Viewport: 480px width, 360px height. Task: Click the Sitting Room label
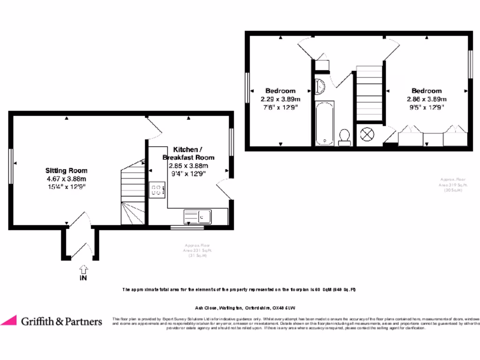66,171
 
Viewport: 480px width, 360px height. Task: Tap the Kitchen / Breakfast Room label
188,153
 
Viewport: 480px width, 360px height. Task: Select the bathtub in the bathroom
324,123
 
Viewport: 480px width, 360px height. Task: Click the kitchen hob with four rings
156,189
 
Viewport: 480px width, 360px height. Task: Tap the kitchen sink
197,216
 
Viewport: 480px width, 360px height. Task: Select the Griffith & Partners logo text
61,322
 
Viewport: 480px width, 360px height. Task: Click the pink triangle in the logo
9,321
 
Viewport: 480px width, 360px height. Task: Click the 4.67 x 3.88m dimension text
66,179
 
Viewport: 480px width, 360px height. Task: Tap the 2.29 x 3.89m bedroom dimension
280,99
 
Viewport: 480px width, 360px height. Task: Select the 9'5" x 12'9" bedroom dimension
426,107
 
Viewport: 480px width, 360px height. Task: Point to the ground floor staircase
133,192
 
